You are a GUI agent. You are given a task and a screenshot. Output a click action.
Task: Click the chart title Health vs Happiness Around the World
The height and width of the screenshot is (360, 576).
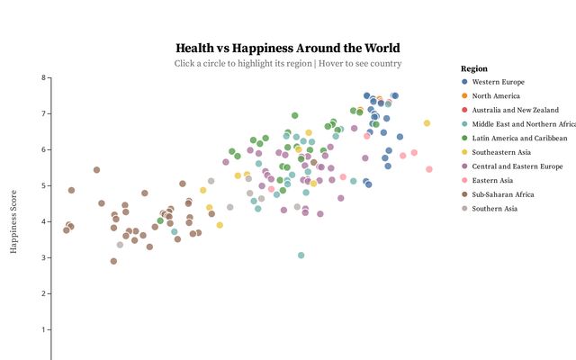(x=288, y=48)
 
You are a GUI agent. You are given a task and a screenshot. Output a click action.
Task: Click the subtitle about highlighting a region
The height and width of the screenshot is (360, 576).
(x=288, y=64)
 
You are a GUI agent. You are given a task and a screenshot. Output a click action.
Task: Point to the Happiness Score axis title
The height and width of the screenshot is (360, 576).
(x=15, y=221)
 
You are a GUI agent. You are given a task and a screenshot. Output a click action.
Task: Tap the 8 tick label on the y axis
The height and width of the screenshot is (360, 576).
(x=42, y=78)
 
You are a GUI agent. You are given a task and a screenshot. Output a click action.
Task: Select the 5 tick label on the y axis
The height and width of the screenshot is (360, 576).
(x=42, y=186)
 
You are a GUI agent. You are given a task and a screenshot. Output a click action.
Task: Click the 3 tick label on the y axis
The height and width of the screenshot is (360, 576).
(x=42, y=258)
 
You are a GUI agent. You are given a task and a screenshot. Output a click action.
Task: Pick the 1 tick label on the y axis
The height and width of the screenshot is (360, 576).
(x=42, y=330)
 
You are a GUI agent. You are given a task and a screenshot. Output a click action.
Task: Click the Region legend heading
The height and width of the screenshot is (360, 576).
(x=473, y=68)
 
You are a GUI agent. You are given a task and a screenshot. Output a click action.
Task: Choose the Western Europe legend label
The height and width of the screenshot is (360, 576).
(x=498, y=82)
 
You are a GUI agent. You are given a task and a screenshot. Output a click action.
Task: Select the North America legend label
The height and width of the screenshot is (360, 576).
(x=495, y=96)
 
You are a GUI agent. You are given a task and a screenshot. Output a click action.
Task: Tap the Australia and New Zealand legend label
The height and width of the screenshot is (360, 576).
(x=515, y=110)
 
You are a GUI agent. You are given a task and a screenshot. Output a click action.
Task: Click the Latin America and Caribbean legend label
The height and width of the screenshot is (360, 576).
(x=519, y=139)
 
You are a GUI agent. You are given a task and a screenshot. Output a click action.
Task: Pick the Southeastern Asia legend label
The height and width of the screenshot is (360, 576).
(x=500, y=152)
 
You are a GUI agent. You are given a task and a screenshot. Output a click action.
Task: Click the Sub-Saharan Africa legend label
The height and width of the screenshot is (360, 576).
(x=503, y=194)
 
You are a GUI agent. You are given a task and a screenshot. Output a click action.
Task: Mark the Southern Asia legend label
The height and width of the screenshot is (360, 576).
(x=494, y=208)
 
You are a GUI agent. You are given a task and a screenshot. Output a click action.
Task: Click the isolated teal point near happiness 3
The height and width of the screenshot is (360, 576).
(x=301, y=256)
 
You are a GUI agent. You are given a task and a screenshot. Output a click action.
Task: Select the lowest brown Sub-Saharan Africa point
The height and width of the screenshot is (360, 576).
(x=113, y=261)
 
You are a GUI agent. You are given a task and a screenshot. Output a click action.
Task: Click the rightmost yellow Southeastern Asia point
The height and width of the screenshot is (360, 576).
(x=427, y=123)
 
